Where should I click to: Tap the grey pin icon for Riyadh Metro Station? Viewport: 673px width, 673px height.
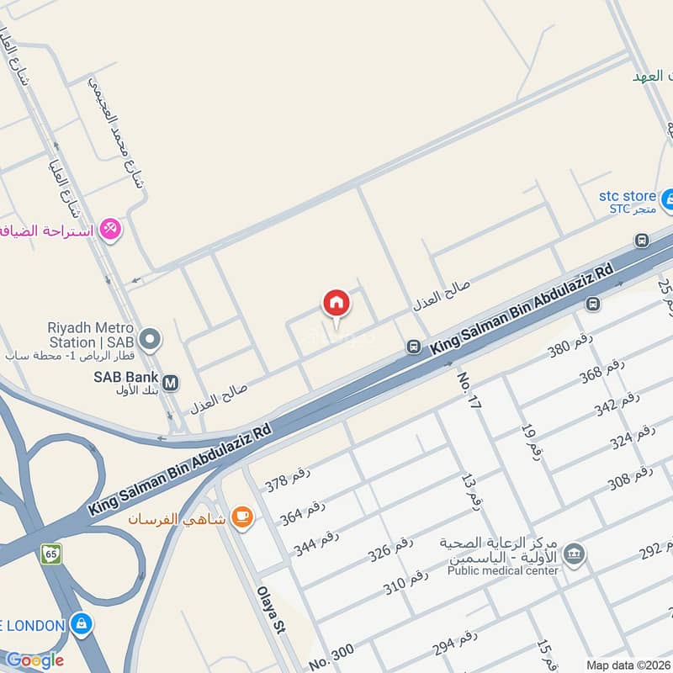(151, 340)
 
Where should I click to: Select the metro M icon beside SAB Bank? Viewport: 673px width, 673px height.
(170, 383)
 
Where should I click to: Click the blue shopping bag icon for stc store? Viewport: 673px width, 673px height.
(668, 200)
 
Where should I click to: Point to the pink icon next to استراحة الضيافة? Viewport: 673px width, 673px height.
(110, 228)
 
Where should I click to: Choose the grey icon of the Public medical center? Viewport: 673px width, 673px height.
(575, 554)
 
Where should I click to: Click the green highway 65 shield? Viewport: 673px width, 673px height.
(51, 554)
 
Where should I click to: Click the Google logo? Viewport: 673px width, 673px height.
(34, 660)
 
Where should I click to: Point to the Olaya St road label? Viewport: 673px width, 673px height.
(270, 618)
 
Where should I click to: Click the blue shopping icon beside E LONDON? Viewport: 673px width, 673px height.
(81, 624)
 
